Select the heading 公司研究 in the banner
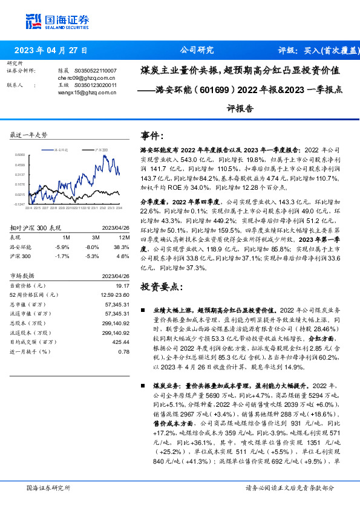click(x=197, y=50)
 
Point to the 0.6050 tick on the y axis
click(x=19, y=154)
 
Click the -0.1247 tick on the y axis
click(x=19, y=205)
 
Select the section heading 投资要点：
click(x=161, y=287)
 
